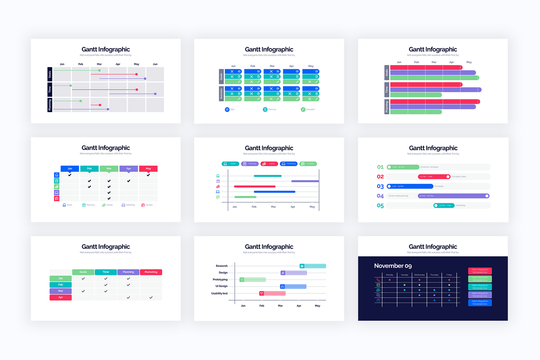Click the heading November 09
point(393,266)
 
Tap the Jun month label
point(155,64)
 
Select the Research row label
point(222,266)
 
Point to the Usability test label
point(219,293)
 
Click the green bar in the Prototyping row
point(252,279)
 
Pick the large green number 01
point(380,167)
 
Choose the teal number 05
point(380,206)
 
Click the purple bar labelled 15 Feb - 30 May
point(453,196)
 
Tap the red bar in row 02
point(434,176)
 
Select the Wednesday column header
point(419,274)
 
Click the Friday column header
point(449,274)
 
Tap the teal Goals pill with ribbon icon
point(230,164)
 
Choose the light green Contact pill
point(308,164)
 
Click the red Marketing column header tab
point(151,272)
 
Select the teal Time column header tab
point(106,272)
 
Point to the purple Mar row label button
point(60,291)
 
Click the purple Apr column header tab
point(129,169)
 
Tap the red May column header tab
point(148,169)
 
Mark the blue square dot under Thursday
point(434,300)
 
